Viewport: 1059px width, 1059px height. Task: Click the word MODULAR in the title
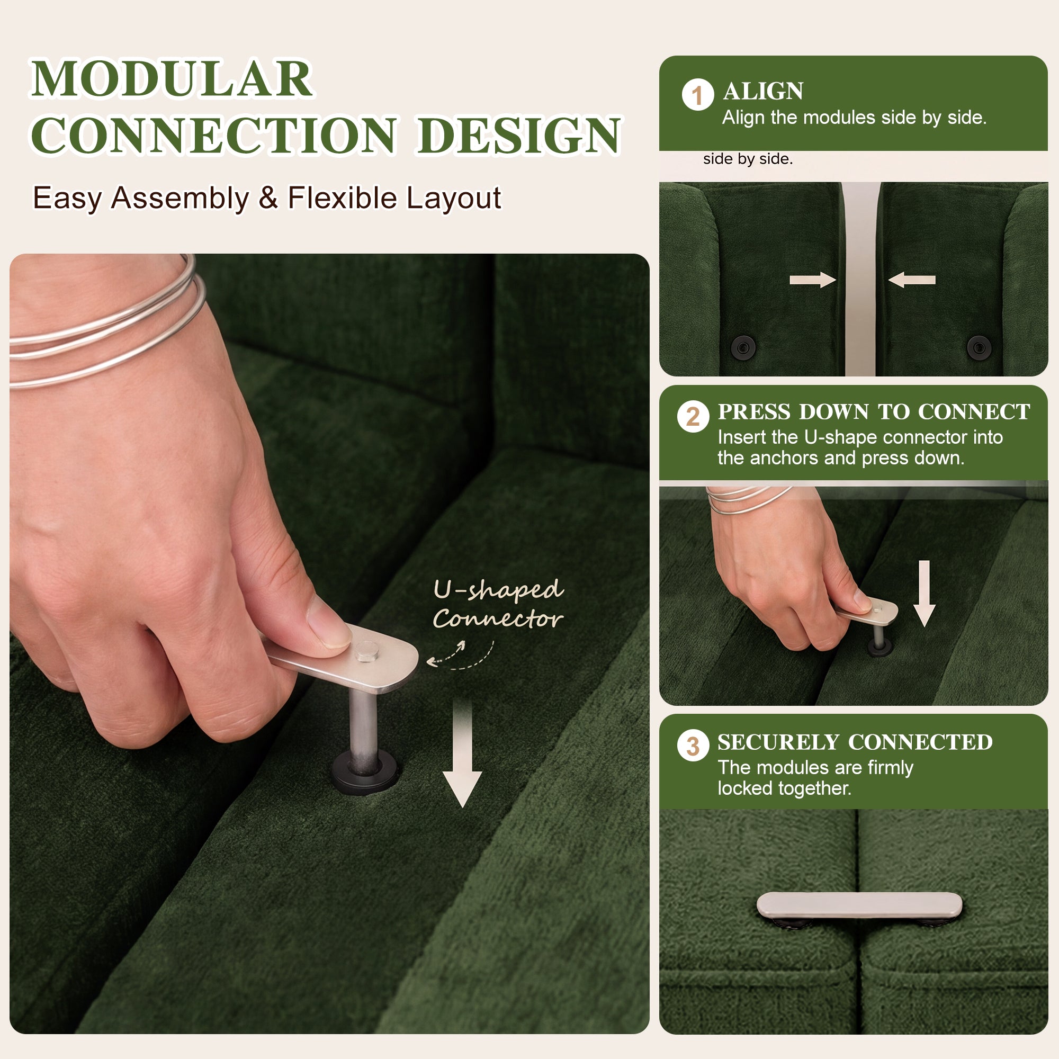[x=172, y=79]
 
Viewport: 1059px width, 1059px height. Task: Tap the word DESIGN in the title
[x=519, y=136]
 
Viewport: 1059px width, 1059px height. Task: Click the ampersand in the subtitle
[x=268, y=198]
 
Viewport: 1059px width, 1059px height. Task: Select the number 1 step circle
[x=697, y=95]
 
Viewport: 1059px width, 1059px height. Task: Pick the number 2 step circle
[x=693, y=417]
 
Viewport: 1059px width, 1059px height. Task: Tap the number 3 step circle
[x=693, y=746]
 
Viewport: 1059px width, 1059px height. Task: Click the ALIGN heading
[x=763, y=91]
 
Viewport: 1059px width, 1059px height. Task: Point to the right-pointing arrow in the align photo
[x=812, y=280]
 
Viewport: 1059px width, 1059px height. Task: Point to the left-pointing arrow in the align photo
[x=912, y=280]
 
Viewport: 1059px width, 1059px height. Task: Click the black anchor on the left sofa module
[x=743, y=347]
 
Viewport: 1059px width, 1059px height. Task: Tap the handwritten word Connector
[x=498, y=619]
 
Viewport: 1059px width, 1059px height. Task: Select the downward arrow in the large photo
[x=462, y=753]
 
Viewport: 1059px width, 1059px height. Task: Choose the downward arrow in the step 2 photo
[x=925, y=594]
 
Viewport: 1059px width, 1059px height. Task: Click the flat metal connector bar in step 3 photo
[x=859, y=905]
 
